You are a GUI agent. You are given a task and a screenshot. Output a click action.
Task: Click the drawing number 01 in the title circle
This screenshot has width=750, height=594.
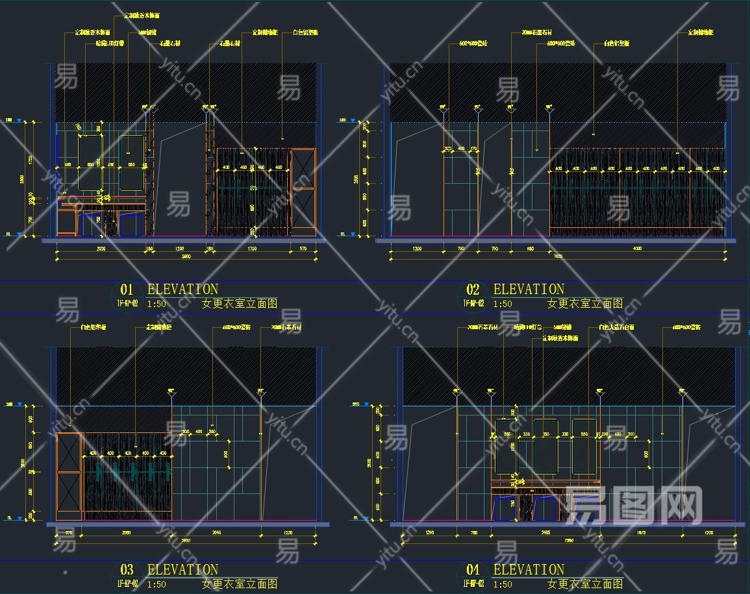[126, 290]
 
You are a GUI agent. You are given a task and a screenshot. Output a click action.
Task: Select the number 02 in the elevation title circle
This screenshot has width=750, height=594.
[472, 290]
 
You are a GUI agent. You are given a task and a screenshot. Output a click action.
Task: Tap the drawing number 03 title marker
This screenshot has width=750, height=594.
[126, 571]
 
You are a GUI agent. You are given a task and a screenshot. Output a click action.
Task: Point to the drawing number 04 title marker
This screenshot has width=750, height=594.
[472, 571]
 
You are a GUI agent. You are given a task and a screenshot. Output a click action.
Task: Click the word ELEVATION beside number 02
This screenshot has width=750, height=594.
[529, 290]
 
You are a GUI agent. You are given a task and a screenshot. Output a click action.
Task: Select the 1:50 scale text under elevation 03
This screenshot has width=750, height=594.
[156, 584]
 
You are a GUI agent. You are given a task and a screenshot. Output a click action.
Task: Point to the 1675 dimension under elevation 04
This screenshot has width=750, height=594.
[642, 532]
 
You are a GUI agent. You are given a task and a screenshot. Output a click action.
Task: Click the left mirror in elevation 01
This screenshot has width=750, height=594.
[90, 162]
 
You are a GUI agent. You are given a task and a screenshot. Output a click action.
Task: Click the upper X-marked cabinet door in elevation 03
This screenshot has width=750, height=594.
[69, 452]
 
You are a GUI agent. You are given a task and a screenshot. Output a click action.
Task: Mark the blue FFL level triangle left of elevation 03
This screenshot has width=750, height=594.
[19, 517]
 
